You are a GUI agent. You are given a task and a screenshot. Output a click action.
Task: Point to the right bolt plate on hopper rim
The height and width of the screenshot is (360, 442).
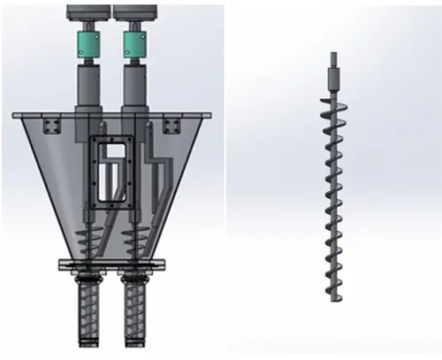(173, 121)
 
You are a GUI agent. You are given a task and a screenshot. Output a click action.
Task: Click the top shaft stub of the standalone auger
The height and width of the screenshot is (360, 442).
(333, 61)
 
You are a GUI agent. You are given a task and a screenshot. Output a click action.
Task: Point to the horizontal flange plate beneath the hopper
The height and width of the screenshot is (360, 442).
(112, 264)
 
